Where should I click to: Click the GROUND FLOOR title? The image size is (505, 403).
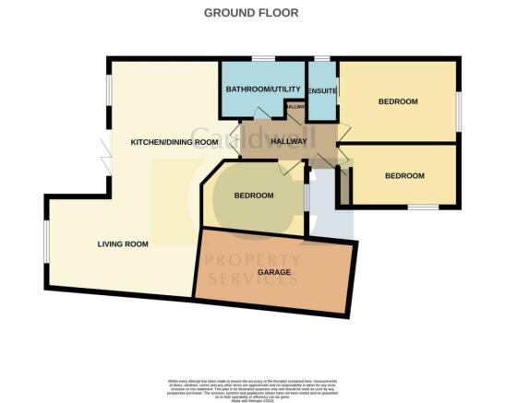click(252, 12)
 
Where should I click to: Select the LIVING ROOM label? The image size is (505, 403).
click(123, 243)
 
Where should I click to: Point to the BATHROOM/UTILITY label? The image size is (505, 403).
click(261, 89)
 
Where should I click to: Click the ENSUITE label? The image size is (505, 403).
click(322, 90)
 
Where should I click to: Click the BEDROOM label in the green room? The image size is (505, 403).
click(253, 196)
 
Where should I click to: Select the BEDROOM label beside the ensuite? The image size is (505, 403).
click(398, 101)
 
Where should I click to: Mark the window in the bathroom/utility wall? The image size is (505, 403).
click(264, 60)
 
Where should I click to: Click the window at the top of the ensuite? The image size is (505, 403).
click(321, 60)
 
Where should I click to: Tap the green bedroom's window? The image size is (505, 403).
click(306, 197)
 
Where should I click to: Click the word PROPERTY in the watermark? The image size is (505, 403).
click(252, 261)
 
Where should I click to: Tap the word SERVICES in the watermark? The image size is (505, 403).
click(252, 279)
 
